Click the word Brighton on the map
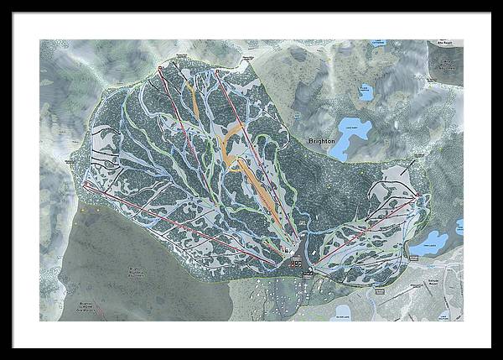321,142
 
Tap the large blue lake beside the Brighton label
353,134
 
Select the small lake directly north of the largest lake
366,91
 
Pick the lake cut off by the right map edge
459,227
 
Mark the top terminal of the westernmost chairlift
86,185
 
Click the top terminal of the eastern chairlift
417,196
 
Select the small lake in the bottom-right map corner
443,314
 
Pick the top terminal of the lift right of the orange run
216,71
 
